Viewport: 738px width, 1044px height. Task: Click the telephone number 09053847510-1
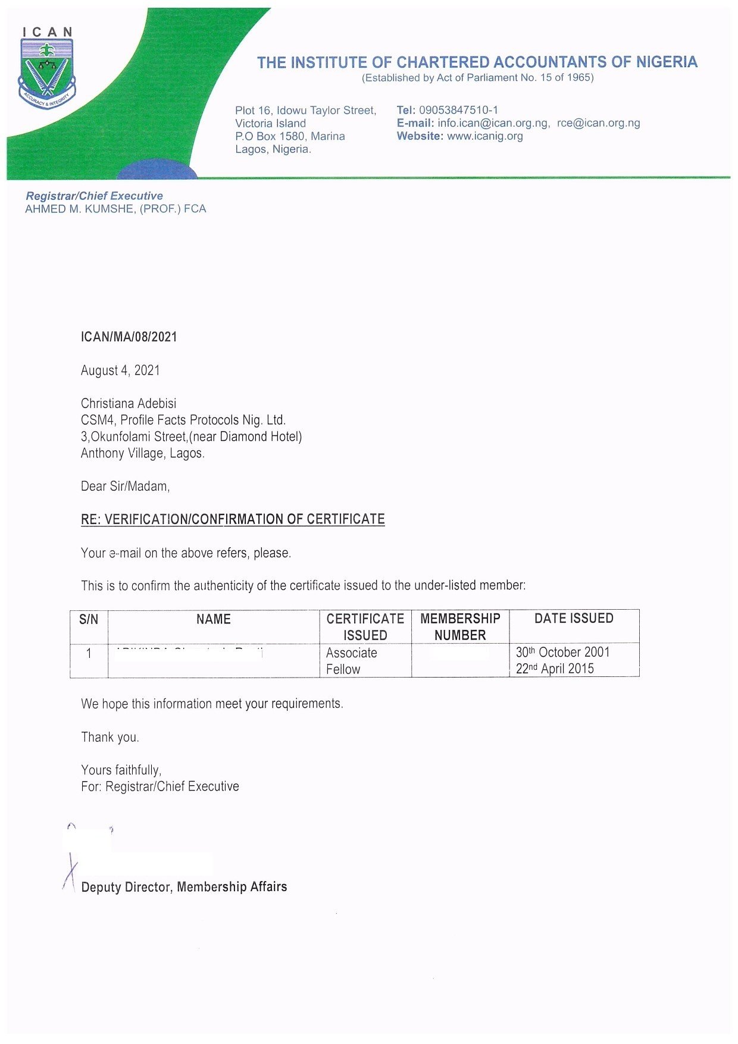[458, 110]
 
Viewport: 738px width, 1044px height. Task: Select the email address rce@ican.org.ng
[598, 123]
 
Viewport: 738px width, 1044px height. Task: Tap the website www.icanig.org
[484, 136]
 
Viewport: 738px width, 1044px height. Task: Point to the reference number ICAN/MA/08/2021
[129, 337]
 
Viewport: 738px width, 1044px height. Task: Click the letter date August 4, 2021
[120, 371]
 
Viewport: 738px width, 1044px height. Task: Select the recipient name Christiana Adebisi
[129, 403]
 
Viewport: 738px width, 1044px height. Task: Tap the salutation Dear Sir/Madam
[125, 487]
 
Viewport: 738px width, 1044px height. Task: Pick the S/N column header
[89, 619]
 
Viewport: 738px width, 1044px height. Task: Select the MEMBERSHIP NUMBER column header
[460, 626]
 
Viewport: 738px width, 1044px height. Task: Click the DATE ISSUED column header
[574, 619]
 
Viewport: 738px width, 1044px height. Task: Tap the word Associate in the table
[351, 653]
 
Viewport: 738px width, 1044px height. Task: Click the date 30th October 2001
[562, 652]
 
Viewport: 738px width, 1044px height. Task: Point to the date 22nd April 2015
[555, 669]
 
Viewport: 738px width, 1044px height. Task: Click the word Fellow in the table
[343, 669]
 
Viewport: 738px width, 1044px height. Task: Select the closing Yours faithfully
[121, 770]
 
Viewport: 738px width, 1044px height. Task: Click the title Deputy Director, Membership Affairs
[184, 887]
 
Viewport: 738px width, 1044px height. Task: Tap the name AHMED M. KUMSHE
[80, 209]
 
